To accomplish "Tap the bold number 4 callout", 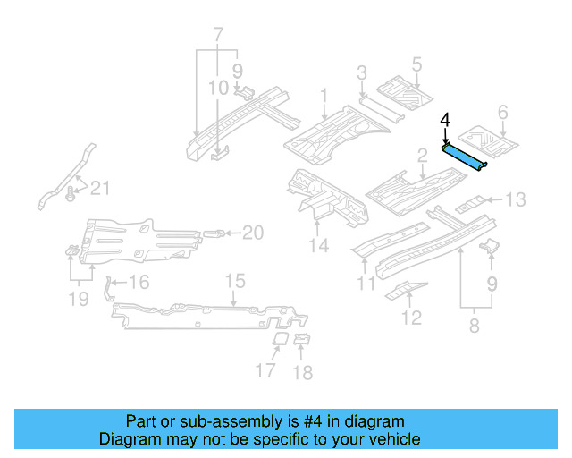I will (x=445, y=118).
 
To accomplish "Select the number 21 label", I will (x=102, y=187).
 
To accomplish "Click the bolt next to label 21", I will (x=71, y=191).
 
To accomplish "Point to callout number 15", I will (x=234, y=283).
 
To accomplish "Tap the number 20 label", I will (x=253, y=233).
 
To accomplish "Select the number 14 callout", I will (x=319, y=246).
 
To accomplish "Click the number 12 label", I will (x=411, y=317).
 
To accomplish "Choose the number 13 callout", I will (x=517, y=199).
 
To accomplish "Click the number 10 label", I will (x=219, y=88).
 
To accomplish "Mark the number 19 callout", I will (x=79, y=298).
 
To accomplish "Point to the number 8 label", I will (x=473, y=327).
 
